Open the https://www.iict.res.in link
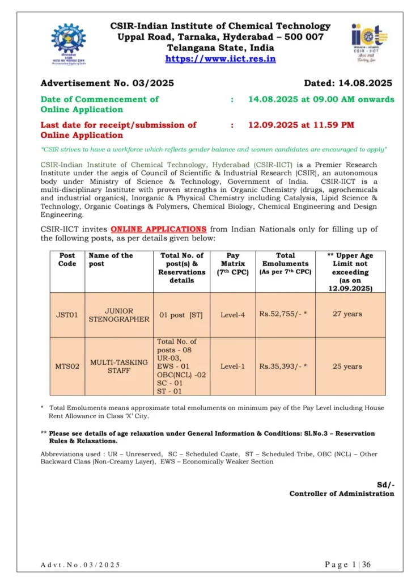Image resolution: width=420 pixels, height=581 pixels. pos(220,58)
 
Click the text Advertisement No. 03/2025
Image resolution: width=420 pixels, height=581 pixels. pos(107,83)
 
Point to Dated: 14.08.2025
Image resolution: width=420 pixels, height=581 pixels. pos(348,83)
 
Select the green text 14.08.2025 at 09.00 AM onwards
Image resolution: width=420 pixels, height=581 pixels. pos(321,99)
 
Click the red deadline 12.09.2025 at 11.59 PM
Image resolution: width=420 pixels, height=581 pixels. pos(301,125)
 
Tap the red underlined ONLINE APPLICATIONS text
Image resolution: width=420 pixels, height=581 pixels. pos(159,229)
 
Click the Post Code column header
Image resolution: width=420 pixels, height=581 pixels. pos(67,259)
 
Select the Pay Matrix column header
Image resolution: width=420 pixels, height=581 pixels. pos(232,263)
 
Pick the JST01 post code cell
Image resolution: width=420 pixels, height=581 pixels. pos(67,315)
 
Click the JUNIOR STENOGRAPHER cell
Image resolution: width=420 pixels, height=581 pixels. pos(119,315)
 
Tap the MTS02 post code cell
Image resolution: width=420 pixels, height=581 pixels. pos(67,367)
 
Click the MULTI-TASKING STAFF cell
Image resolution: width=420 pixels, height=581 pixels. pos(119,366)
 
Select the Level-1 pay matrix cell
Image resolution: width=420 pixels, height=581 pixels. pos(232,367)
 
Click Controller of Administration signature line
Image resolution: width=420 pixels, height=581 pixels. pos(341,494)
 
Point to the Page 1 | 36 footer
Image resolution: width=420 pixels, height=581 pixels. pos(347,565)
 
